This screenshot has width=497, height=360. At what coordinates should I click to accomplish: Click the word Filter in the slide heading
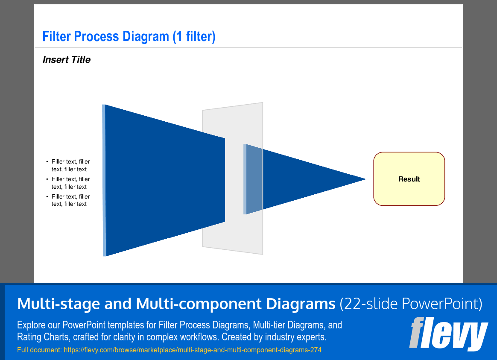click(57, 36)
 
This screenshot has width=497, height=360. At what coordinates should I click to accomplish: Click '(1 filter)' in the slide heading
click(194, 36)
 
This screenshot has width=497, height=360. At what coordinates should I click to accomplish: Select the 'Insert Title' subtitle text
click(67, 60)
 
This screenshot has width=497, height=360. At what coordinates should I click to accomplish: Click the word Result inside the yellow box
click(409, 179)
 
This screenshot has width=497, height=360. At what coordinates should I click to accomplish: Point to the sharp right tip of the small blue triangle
click(365, 179)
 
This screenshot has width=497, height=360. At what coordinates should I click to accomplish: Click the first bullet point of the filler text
click(70, 165)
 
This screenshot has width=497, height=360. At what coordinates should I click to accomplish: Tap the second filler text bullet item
click(70, 183)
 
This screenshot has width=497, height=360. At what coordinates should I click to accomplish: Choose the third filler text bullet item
click(70, 200)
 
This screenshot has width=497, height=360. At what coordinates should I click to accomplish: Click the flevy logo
click(448, 334)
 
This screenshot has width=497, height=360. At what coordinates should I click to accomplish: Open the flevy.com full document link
click(192, 350)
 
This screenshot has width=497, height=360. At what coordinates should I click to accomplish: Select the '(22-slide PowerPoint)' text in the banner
click(411, 304)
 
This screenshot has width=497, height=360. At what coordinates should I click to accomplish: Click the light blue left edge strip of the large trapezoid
click(104, 179)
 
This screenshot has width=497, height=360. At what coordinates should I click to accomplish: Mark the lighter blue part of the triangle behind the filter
click(254, 179)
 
